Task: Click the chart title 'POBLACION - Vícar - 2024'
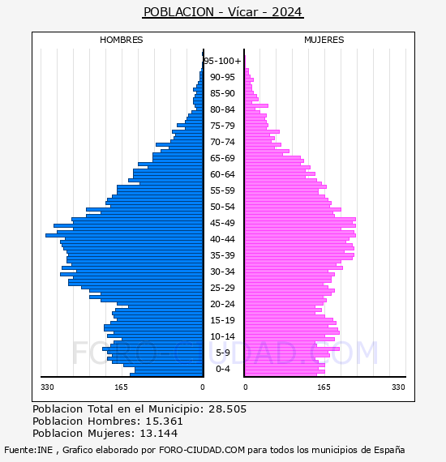coord(223,12)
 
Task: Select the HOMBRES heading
coord(121,40)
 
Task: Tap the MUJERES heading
coord(324,40)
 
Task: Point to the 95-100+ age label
coord(222,61)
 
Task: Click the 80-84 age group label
coord(222,109)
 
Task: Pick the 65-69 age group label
coord(222,158)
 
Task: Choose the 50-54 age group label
coord(222,207)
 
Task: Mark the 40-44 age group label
coord(222,239)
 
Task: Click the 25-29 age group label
coord(222,288)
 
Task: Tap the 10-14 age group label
coord(222,336)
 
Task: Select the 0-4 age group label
coord(222,369)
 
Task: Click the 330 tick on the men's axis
coord(47,387)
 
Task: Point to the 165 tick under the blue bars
coord(121,387)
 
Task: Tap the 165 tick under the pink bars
coord(324,387)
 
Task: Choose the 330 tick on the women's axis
coord(398,387)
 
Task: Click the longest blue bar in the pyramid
coord(124,235)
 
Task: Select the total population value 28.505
coord(227,409)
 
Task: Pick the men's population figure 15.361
coord(164,421)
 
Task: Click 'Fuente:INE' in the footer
coord(28,450)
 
